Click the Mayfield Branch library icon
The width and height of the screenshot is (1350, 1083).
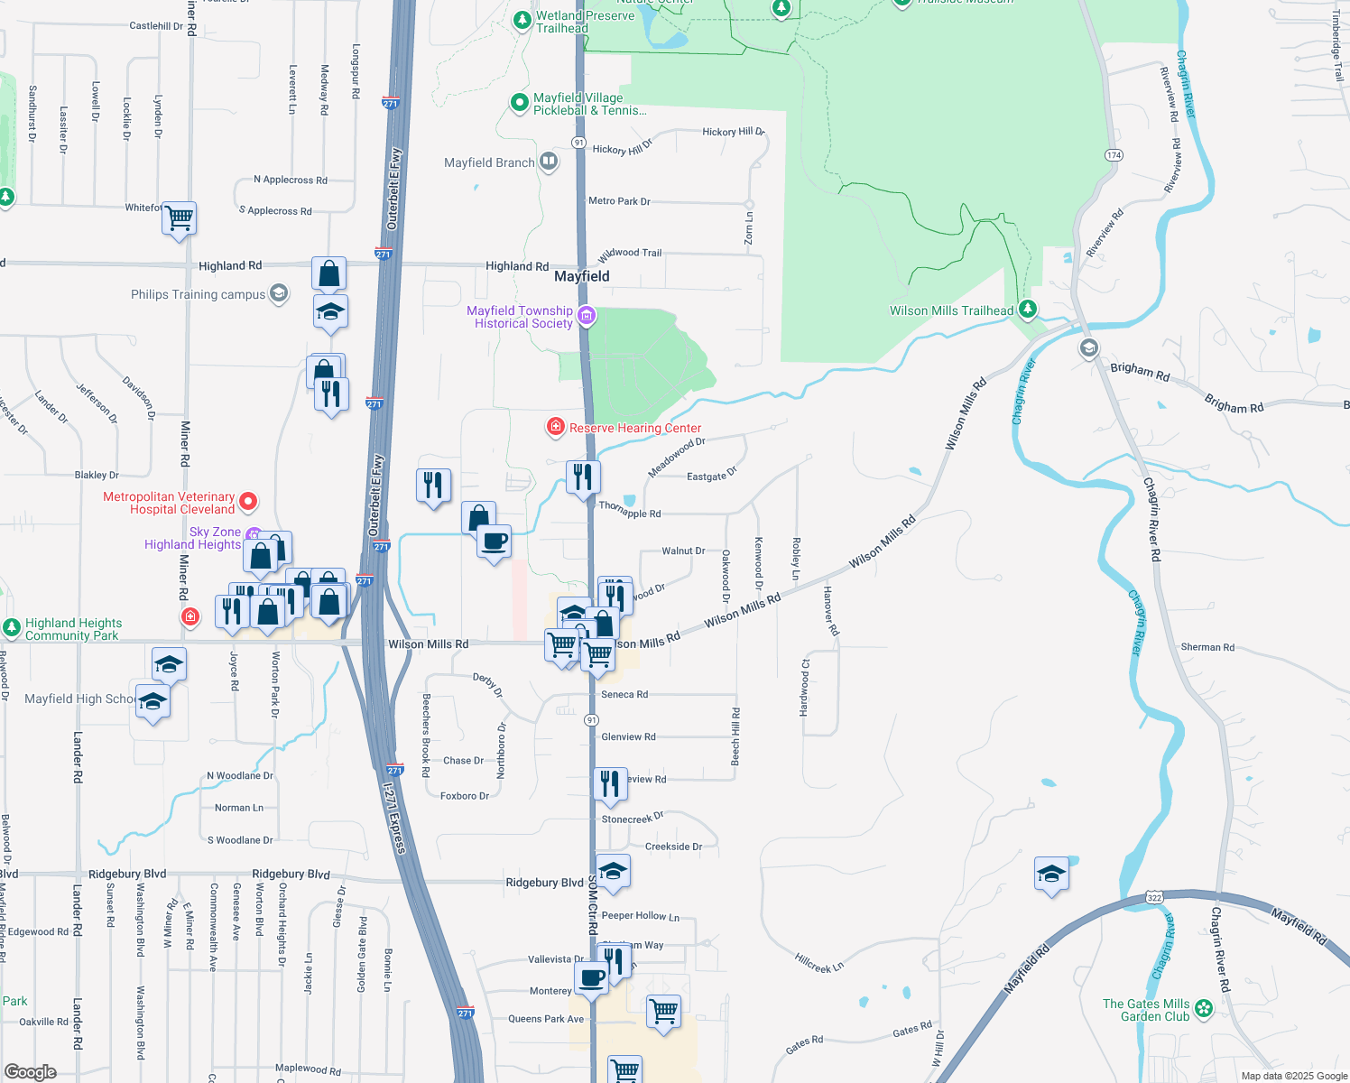[x=548, y=162]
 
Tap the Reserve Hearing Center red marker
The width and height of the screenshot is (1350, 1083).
[x=556, y=427]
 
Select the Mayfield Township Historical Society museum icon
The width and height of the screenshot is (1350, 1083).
[x=587, y=316]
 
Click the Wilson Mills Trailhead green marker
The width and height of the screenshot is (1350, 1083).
[x=1027, y=310]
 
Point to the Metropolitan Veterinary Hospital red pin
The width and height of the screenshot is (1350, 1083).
[x=248, y=502]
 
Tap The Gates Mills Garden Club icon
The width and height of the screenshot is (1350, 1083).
[x=1204, y=1009]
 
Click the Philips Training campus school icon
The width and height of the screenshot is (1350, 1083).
[x=279, y=293]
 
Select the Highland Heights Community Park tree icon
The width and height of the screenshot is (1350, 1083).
[x=12, y=628]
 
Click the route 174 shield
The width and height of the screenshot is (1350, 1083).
[x=1114, y=155]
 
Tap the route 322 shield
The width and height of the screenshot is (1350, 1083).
[x=1154, y=897]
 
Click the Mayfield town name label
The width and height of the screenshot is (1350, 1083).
[x=581, y=276]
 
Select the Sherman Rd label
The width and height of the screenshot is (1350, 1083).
[x=1207, y=647]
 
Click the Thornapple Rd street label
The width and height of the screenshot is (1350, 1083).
[x=630, y=510]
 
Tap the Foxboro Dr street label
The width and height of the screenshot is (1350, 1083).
[x=464, y=796]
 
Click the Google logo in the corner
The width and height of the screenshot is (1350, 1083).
[x=31, y=1071]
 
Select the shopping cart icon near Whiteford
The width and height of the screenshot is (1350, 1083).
[x=180, y=218]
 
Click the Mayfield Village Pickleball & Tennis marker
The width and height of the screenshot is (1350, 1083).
[x=519, y=103]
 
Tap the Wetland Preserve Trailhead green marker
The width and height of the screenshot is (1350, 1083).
[x=522, y=21]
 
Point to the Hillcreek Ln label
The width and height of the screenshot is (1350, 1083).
[x=818, y=963]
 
